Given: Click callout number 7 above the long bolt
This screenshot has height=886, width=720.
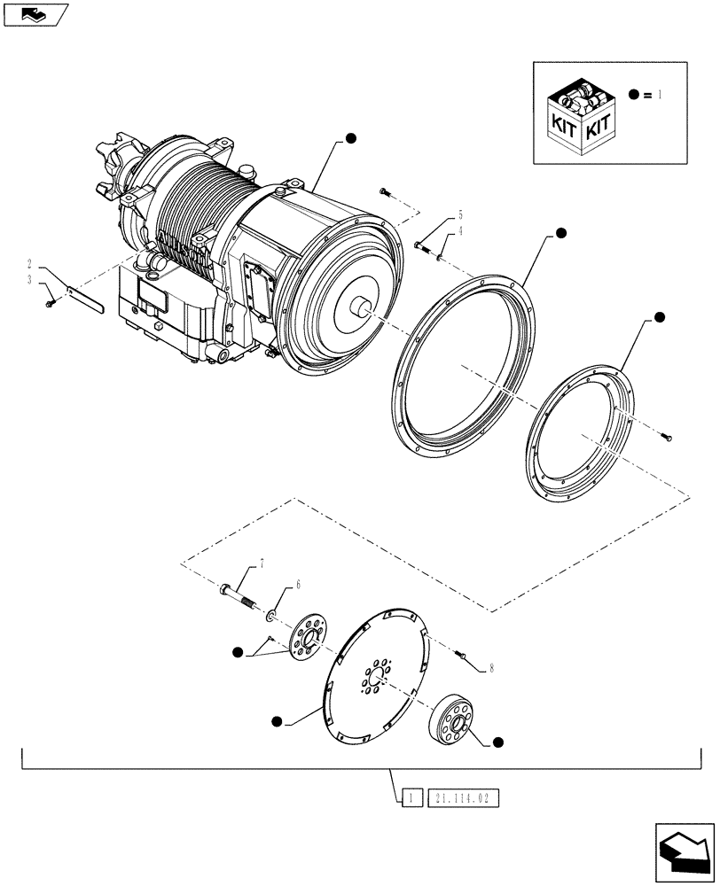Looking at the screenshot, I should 262,563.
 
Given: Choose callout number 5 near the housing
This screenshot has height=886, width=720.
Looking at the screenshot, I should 460,215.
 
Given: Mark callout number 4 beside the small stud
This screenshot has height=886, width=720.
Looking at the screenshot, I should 460,231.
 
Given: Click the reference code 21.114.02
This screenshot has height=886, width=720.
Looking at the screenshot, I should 465,799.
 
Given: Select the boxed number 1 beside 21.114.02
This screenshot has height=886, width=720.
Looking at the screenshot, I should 411,799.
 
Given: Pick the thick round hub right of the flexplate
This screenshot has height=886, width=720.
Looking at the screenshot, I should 454,718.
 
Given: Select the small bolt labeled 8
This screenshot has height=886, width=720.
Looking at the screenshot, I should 462,655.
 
